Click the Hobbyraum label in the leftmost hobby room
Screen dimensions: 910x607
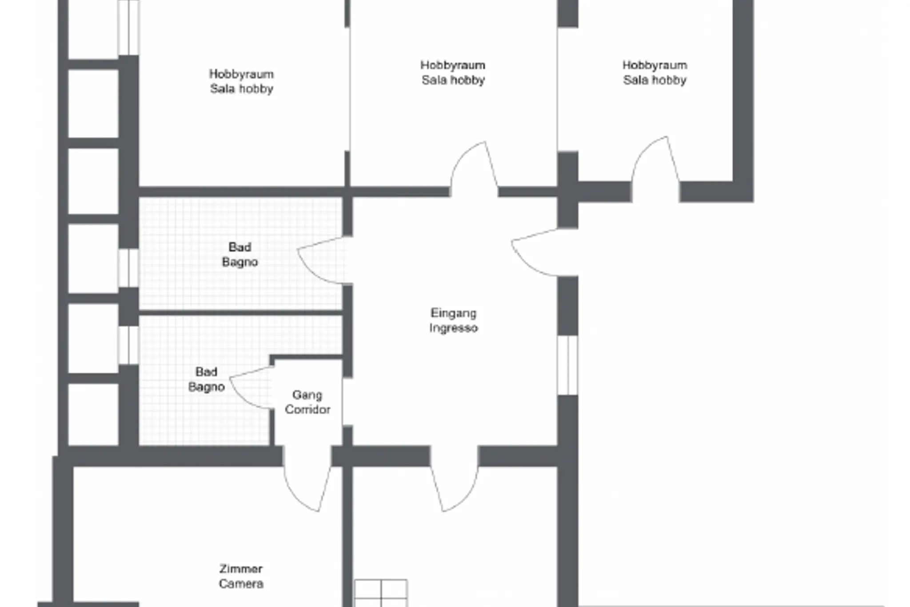pyautogui.click(x=241, y=74)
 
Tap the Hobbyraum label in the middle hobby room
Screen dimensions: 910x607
pyautogui.click(x=453, y=65)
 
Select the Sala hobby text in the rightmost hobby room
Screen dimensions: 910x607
pyautogui.click(x=655, y=80)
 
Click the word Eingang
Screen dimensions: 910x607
pyautogui.click(x=453, y=313)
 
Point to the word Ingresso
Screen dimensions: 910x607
pyautogui.click(x=453, y=328)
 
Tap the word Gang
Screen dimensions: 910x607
pyautogui.click(x=307, y=395)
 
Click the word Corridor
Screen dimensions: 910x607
pyautogui.click(x=307, y=410)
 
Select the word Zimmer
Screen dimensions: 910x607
pyautogui.click(x=241, y=569)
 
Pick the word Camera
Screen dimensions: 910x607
pyautogui.click(x=241, y=583)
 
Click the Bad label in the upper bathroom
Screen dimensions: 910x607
pyautogui.click(x=240, y=247)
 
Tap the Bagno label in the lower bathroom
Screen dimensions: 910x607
pyautogui.click(x=206, y=387)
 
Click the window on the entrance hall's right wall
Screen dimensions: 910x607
pyautogui.click(x=568, y=365)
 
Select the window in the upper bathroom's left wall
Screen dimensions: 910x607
pyautogui.click(x=128, y=268)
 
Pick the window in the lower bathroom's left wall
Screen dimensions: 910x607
pyautogui.click(x=128, y=345)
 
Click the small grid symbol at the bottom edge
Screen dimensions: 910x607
pyautogui.click(x=381, y=593)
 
